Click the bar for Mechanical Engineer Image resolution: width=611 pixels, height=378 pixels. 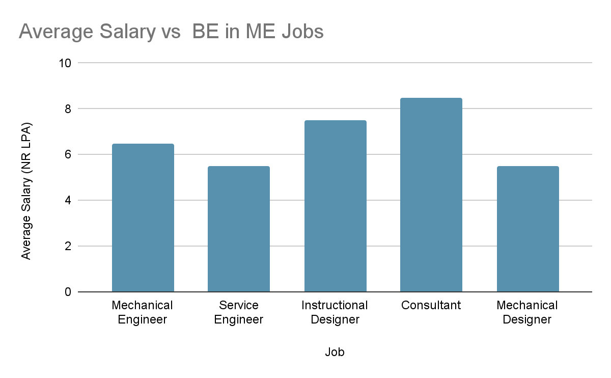143,218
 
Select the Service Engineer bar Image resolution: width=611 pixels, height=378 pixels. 239,229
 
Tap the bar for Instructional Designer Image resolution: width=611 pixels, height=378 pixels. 335,206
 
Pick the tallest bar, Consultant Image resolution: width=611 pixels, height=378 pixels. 431,195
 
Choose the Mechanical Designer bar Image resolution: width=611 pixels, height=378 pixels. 527,229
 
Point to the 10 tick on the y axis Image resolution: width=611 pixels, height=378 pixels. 65,63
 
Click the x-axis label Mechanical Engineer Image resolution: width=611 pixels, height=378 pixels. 142,312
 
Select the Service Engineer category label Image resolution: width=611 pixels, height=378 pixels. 239,312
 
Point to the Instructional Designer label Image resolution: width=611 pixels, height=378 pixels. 335,312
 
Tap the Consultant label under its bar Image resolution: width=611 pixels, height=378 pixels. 431,305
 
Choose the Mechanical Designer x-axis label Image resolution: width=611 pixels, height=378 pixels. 527,312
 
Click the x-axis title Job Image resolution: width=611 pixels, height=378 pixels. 335,352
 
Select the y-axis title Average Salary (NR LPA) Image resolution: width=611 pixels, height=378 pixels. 26,191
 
